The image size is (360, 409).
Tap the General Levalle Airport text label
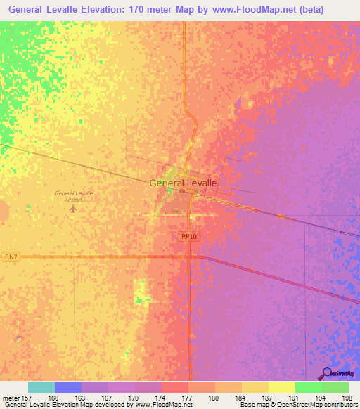coord(74,196)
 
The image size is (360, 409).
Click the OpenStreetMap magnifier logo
coord(328,374)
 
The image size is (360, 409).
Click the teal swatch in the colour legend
coord(41,387)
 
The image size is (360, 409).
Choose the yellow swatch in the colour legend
coord(282,387)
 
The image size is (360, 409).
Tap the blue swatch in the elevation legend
coord(68,387)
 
